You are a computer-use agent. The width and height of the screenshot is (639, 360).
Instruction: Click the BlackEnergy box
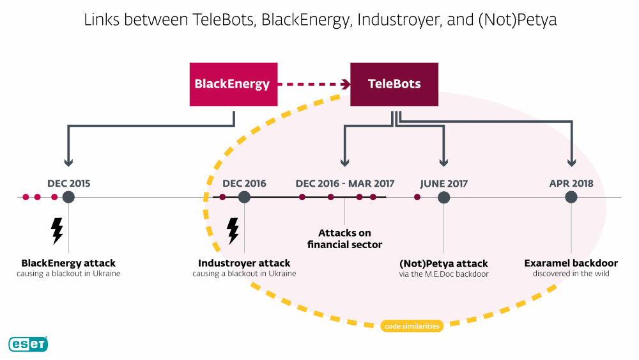pyautogui.click(x=233, y=84)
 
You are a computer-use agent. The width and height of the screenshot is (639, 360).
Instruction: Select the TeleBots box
pyautogui.click(x=394, y=84)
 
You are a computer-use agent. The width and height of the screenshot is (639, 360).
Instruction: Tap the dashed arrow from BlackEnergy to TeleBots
pyautogui.click(x=314, y=84)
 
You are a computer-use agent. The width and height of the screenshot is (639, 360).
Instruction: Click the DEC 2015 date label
pyautogui.click(x=69, y=184)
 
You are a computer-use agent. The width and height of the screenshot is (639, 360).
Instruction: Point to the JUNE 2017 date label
pyautogui.click(x=444, y=184)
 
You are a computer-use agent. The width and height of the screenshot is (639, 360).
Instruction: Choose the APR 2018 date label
pyautogui.click(x=571, y=184)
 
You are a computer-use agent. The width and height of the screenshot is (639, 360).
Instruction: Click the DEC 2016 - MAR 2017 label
pyautogui.click(x=345, y=184)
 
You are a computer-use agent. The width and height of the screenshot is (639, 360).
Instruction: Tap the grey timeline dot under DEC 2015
pyautogui.click(x=68, y=198)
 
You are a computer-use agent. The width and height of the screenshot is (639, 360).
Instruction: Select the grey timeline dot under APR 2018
pyautogui.click(x=571, y=198)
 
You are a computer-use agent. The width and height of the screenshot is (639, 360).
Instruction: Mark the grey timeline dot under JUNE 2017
pyautogui.click(x=444, y=198)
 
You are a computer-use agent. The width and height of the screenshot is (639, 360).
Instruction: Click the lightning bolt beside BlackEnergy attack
pyautogui.click(x=57, y=231)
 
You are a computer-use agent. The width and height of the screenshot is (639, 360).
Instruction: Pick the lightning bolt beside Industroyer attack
pyautogui.click(x=233, y=231)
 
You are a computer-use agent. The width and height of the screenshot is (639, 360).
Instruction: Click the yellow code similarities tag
pyautogui.click(x=412, y=326)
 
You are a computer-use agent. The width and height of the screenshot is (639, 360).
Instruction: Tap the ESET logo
pyautogui.click(x=28, y=344)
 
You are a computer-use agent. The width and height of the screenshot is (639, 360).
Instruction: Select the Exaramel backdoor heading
pyautogui.click(x=571, y=263)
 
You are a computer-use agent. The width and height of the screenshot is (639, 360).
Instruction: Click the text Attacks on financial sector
pyautogui.click(x=345, y=239)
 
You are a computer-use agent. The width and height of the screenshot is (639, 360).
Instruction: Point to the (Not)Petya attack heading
pyautogui.click(x=444, y=263)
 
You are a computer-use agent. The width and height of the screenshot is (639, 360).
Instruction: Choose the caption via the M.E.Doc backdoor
pyautogui.click(x=444, y=274)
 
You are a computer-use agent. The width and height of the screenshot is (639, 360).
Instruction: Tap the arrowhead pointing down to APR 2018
pyautogui.click(x=571, y=162)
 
